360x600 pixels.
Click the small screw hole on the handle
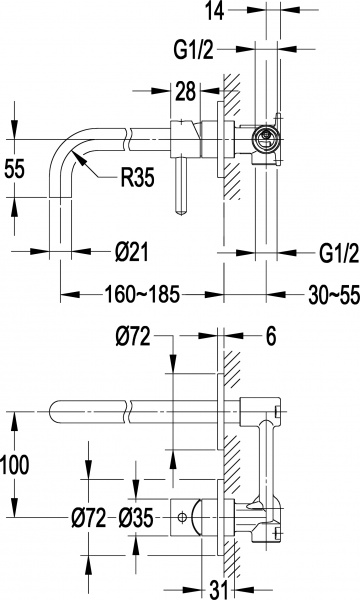tap(181, 517)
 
